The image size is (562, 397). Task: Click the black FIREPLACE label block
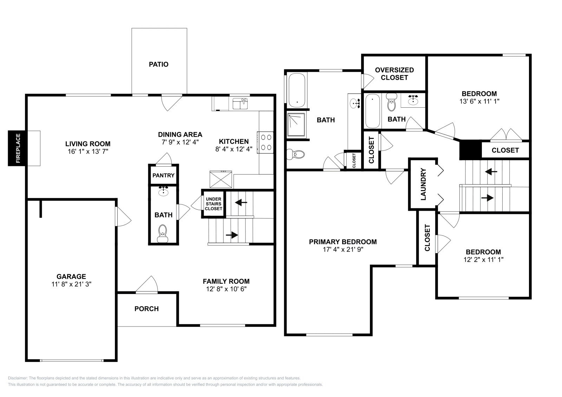(17, 148)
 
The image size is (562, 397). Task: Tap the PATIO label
(159, 64)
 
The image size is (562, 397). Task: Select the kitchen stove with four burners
(266, 142)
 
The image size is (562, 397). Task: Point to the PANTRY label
(163, 175)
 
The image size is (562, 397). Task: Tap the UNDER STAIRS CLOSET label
(214, 204)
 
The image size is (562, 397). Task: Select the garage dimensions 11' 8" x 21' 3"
(71, 284)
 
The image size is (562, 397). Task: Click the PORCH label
(146, 309)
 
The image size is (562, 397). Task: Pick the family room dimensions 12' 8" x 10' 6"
(226, 289)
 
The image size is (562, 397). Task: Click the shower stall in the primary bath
(297, 125)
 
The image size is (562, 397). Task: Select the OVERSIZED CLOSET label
(394, 74)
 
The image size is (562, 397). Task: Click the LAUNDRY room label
(423, 184)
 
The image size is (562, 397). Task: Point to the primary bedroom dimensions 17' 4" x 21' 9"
(343, 249)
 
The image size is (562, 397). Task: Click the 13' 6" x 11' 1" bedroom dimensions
(479, 101)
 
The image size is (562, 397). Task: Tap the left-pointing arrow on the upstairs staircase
(491, 172)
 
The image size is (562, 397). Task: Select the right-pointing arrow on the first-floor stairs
(232, 235)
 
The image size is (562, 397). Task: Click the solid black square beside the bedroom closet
(470, 149)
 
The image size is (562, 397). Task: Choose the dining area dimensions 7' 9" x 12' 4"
(180, 142)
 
